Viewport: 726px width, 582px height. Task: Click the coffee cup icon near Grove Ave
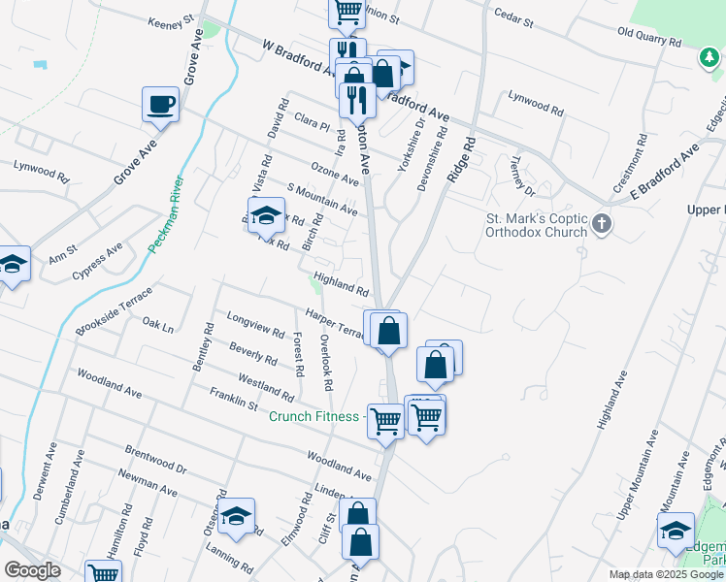pyautogui.click(x=160, y=104)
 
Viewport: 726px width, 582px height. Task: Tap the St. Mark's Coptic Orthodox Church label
pyautogui.click(x=537, y=225)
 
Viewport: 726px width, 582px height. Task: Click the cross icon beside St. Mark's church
pyautogui.click(x=602, y=225)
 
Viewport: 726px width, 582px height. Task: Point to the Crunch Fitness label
pyautogui.click(x=314, y=416)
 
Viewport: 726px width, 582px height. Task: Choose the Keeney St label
pyautogui.click(x=173, y=22)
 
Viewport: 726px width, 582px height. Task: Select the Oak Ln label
pyautogui.click(x=157, y=325)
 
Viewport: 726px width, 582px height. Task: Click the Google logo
pyautogui.click(x=32, y=570)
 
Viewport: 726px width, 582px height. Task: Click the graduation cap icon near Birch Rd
pyautogui.click(x=264, y=217)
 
